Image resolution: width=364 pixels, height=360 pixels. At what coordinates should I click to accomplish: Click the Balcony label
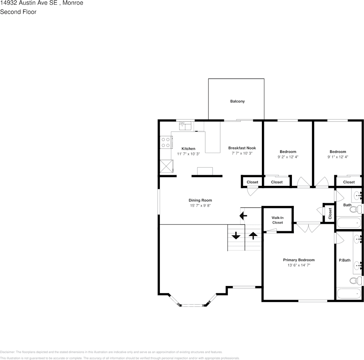coord(237,101)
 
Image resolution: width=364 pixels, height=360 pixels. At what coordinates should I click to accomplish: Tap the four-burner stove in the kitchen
coord(165,142)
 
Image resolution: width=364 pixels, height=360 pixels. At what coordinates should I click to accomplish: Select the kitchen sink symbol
coord(185,125)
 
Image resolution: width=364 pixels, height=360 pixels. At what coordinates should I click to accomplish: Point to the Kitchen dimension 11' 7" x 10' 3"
coord(188,154)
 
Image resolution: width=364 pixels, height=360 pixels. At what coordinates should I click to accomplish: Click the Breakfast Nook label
coord(242,148)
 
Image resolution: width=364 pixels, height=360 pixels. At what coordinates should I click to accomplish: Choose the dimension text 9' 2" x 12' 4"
coord(288,157)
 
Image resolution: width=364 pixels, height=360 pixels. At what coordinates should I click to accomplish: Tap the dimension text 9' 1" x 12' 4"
coord(337,157)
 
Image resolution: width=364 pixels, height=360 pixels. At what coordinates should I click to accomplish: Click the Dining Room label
coord(200,200)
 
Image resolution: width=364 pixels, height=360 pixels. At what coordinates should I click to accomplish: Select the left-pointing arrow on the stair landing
coord(243,216)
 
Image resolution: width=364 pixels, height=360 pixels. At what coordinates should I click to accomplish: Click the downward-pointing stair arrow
coord(236,236)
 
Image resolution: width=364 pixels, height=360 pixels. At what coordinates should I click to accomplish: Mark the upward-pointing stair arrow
coord(253,236)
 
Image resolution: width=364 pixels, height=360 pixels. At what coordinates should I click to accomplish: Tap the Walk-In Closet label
coord(277,220)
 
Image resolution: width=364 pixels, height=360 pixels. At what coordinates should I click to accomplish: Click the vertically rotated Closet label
coord(330,213)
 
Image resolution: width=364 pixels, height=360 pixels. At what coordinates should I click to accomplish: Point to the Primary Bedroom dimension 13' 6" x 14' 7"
coord(298,266)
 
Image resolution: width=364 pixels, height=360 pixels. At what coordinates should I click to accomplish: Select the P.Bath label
coord(344,260)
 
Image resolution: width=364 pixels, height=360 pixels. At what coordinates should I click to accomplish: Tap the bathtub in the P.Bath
coord(349,294)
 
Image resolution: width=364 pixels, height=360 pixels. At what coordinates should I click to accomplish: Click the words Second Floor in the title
coord(18,12)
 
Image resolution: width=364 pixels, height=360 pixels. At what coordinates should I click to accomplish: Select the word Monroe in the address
coord(73,3)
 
